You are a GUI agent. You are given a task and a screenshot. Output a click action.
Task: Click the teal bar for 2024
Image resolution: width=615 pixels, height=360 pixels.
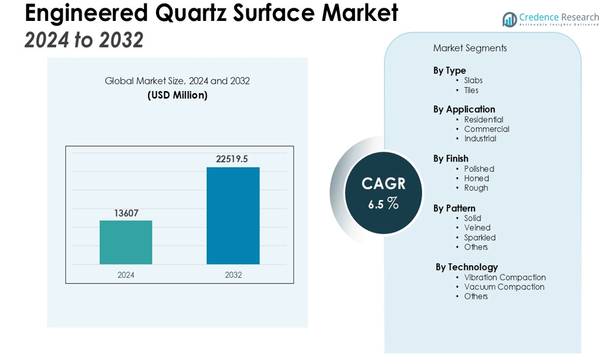126,242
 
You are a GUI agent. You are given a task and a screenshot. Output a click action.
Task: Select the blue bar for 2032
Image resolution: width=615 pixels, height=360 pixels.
233,216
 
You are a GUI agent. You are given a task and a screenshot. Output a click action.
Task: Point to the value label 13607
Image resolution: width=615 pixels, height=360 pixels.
126,213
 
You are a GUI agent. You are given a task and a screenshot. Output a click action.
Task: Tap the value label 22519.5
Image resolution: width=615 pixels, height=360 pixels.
232,159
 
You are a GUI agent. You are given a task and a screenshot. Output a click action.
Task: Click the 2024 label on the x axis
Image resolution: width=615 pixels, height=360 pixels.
126,275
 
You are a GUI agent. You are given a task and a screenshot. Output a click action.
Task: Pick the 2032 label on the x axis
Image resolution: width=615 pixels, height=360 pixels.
233,275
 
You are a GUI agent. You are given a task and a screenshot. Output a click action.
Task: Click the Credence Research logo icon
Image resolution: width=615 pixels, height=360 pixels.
510,19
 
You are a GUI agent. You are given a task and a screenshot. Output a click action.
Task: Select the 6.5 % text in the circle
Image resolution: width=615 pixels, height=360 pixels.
383,203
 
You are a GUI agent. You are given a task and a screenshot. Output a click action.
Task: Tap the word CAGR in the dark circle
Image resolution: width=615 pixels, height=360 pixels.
383,184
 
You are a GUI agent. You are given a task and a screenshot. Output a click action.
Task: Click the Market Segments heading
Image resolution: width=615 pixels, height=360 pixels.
470,48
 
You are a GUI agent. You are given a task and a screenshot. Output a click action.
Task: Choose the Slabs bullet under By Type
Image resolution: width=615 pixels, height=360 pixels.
473,80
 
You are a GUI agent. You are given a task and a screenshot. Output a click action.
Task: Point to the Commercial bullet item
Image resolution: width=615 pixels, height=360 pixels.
487,129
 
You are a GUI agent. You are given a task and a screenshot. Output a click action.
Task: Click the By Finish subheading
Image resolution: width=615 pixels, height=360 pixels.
451,159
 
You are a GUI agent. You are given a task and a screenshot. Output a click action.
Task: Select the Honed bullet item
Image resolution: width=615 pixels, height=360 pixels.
477,178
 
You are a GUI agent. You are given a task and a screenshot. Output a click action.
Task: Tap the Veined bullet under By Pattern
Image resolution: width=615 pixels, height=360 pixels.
477,227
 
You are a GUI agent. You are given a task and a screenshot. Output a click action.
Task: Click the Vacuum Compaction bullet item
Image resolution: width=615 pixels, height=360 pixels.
504,287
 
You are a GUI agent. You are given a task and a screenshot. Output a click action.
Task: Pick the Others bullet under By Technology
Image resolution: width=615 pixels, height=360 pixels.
476,296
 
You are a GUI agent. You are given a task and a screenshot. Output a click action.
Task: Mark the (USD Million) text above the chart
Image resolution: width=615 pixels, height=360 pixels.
177,95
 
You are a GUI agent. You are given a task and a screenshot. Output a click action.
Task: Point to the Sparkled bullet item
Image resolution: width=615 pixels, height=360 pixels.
480,238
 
